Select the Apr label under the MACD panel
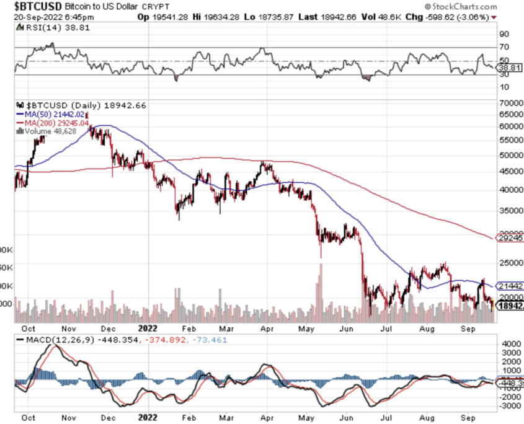click(x=267, y=417)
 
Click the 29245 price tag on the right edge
click(x=512, y=237)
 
